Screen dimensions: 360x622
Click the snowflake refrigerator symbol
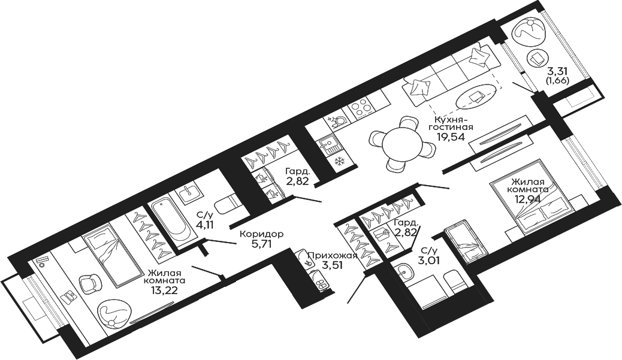pyautogui.click(x=339, y=161)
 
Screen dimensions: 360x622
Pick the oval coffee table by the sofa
pyautogui.click(x=477, y=95)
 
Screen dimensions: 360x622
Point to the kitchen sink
pyautogui.click(x=327, y=143)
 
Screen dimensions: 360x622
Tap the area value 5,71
pyautogui.click(x=261, y=244)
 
